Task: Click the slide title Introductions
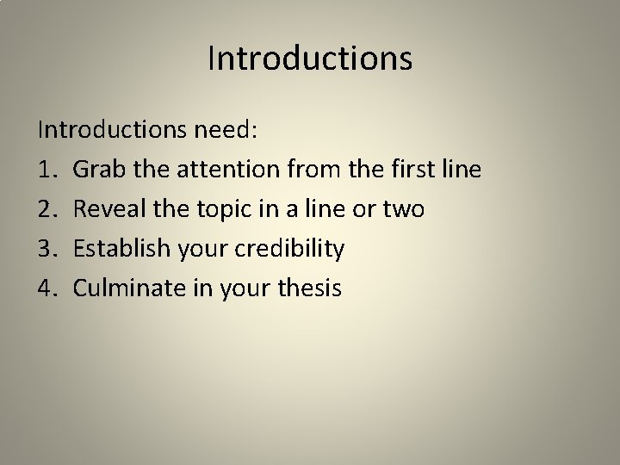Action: click(x=310, y=59)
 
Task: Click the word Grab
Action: click(x=98, y=170)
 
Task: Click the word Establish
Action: click(x=121, y=250)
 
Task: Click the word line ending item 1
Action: click(x=460, y=170)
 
